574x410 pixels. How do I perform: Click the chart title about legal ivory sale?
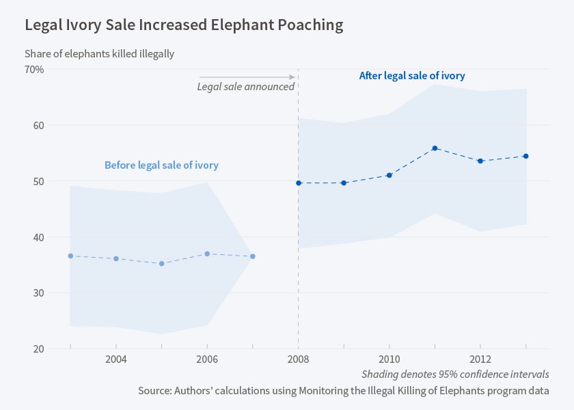[x=184, y=25]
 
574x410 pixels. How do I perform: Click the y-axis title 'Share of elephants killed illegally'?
[x=99, y=53]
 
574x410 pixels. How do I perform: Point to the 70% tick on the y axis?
[x=34, y=70]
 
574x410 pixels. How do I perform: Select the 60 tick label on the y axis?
[x=37, y=126]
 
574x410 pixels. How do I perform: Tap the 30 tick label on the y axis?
[x=37, y=293]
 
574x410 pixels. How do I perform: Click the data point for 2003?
[x=70, y=256]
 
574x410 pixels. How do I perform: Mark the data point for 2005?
[x=161, y=263]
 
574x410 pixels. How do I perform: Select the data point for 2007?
[x=253, y=256]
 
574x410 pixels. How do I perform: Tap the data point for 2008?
[x=298, y=182]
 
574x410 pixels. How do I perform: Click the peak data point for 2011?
[x=435, y=148]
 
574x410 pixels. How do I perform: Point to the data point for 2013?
[x=525, y=156]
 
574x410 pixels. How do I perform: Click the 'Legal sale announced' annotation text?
[x=245, y=87]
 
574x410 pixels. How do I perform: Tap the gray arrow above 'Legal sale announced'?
[x=247, y=77]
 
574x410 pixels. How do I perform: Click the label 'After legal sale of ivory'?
[x=412, y=76]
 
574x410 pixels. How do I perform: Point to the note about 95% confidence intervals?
[x=455, y=374]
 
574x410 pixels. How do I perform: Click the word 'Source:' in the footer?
[x=157, y=390]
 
